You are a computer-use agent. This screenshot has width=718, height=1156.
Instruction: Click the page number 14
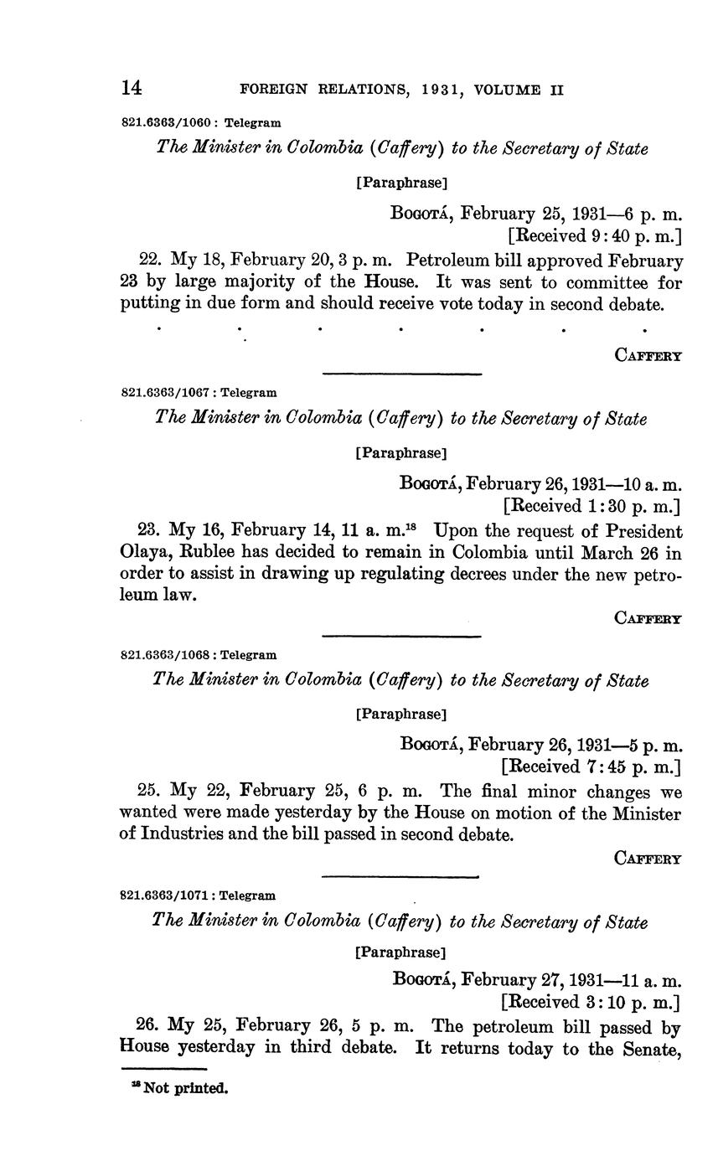pos(132,87)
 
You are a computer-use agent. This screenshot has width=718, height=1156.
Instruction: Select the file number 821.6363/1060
pos(165,122)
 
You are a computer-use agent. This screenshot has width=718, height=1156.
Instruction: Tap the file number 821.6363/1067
pos(165,392)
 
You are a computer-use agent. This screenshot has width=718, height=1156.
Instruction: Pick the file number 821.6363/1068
pos(165,655)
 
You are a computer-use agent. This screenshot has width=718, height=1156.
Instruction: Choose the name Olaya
pos(142,554)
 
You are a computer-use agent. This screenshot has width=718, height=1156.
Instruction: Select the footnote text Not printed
pos(185,1089)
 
